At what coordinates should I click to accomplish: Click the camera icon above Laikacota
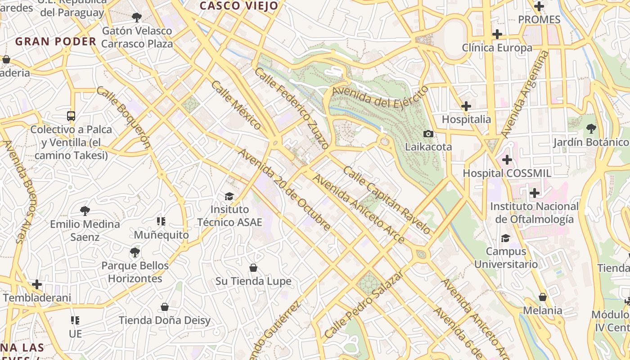[x=428, y=134]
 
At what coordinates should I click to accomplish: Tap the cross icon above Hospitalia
[x=466, y=106]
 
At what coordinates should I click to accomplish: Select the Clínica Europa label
[x=497, y=48]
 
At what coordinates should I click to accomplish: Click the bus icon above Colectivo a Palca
[x=71, y=116]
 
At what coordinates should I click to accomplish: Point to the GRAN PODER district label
[x=56, y=42]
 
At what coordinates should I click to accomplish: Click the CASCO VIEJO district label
[x=239, y=6]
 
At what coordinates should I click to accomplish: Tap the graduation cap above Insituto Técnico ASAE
[x=229, y=196]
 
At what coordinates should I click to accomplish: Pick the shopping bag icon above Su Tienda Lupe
[x=253, y=268]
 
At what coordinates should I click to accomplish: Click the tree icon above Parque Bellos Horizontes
[x=135, y=252]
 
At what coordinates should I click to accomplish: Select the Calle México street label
[x=236, y=105]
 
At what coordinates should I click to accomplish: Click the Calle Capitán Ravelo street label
[x=387, y=199]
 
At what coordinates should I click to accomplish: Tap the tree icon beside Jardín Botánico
[x=591, y=129]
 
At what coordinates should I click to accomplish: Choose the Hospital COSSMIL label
[x=507, y=173]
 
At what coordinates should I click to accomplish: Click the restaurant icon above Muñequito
[x=161, y=221]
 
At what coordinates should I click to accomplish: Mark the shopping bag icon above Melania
[x=543, y=297]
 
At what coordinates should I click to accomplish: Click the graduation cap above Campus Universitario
[x=506, y=238]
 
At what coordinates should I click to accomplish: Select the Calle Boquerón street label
[x=123, y=117]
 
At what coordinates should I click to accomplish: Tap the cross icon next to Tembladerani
[x=37, y=284]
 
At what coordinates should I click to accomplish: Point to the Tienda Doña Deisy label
[x=165, y=320]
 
